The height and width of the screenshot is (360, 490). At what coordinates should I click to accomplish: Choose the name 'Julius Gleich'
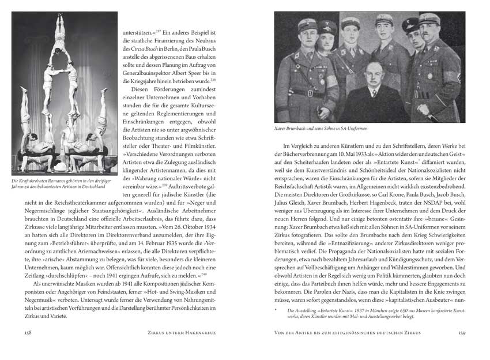click(293, 203)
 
